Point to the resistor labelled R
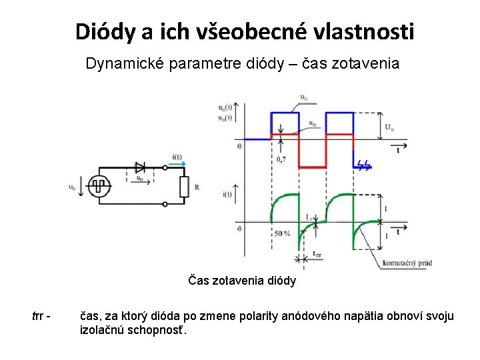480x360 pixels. point(184,187)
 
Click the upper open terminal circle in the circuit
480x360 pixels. point(165,167)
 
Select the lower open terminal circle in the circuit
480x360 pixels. point(165,205)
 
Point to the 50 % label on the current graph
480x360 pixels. point(281,234)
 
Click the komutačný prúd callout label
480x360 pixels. point(407,263)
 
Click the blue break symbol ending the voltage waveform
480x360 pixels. point(365,164)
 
